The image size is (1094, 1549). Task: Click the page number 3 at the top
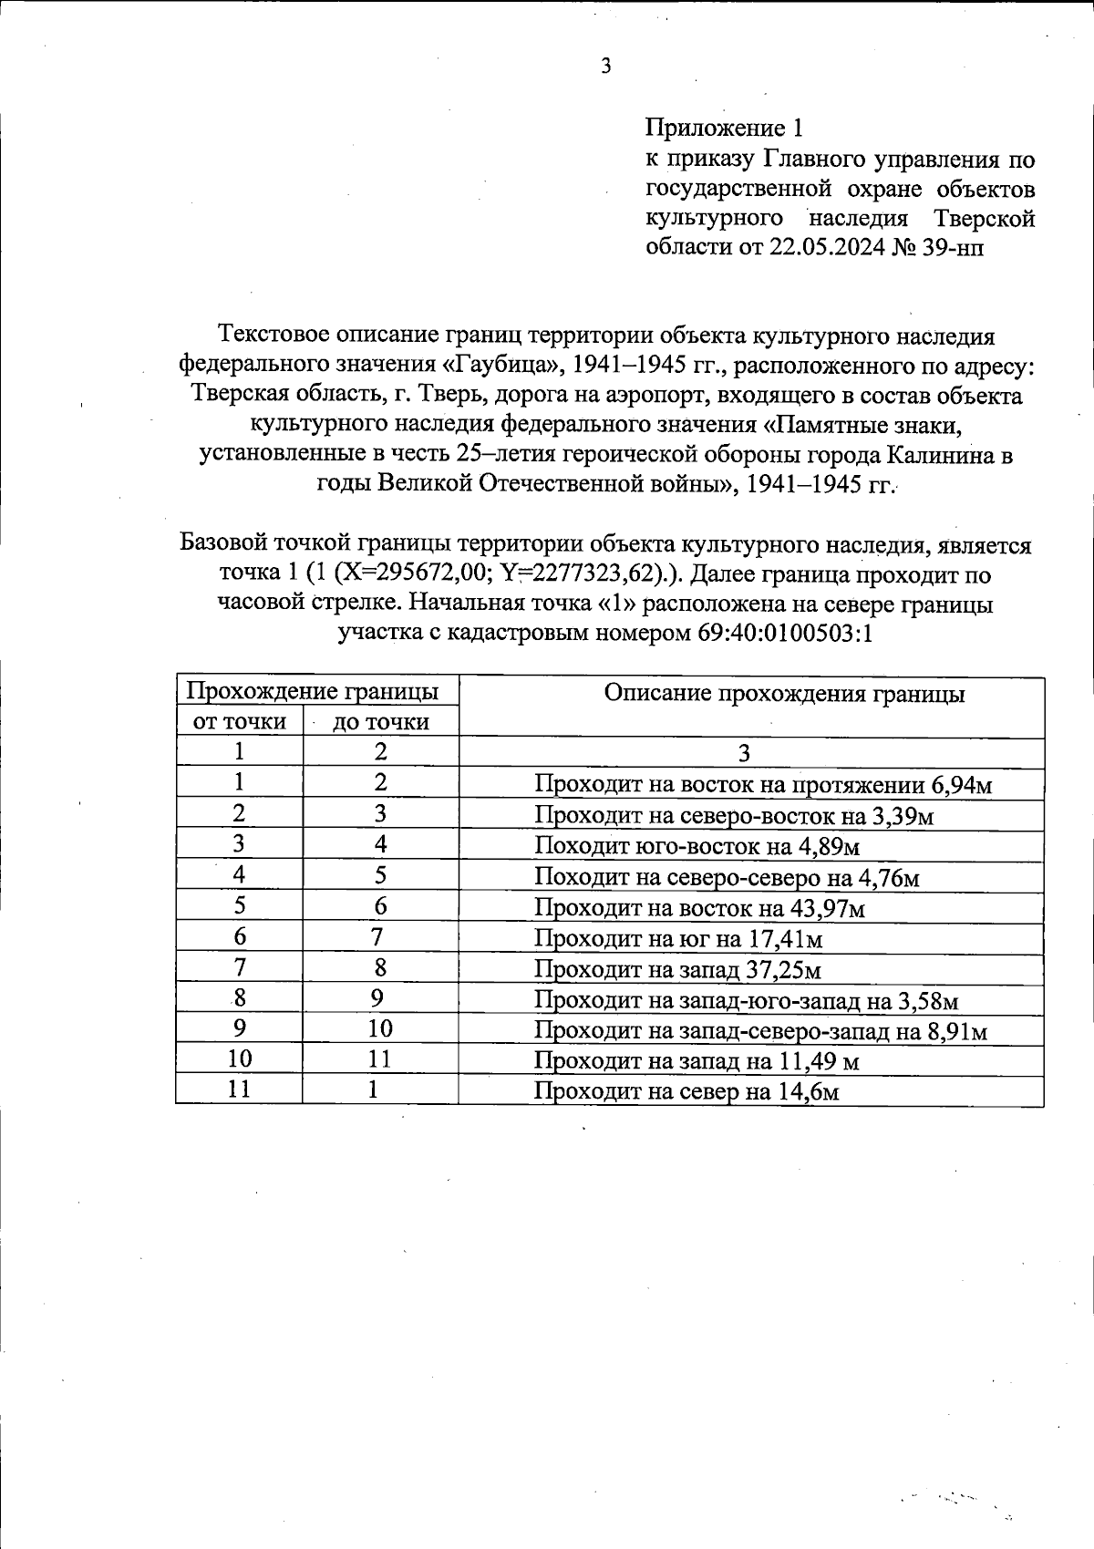point(605,66)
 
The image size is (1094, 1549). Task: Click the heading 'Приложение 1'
point(723,128)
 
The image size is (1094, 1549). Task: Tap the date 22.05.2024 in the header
point(827,247)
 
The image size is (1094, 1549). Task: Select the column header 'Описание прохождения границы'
point(784,694)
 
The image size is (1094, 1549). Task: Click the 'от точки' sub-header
point(239,722)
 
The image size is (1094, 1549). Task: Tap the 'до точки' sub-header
point(380,722)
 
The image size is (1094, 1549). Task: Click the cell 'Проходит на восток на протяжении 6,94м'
point(762,785)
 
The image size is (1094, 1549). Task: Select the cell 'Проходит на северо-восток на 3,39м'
point(734,816)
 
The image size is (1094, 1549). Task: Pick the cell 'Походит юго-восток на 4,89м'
point(697,847)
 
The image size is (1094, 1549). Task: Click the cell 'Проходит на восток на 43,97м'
point(699,909)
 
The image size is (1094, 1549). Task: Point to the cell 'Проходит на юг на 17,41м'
point(678,939)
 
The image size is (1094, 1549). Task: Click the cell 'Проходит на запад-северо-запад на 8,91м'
point(760,1031)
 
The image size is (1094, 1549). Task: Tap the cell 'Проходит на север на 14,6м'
point(686,1092)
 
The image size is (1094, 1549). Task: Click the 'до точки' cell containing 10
point(380,1029)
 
